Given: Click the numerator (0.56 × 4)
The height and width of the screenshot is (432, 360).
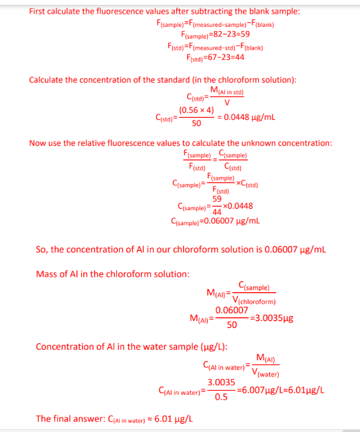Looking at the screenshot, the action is point(196,110).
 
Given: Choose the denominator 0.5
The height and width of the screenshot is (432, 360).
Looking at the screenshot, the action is point(222,397).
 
